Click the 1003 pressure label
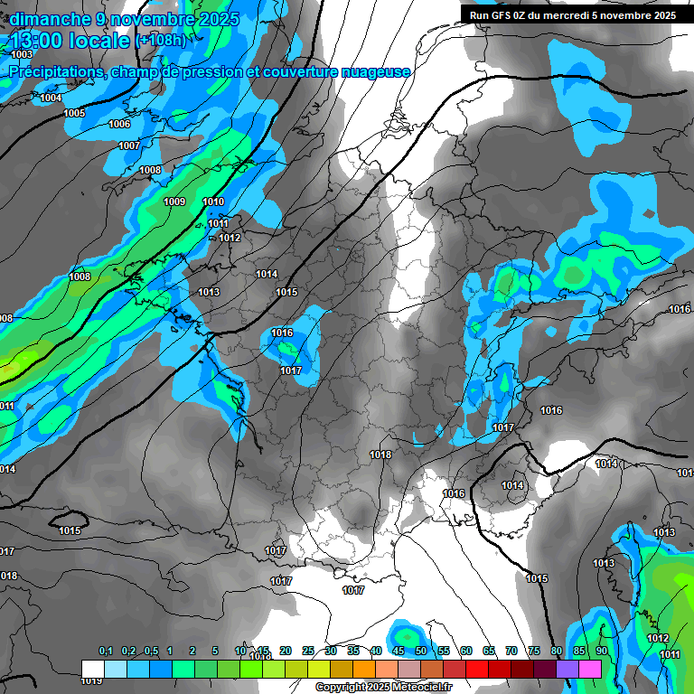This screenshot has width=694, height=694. click(x=22, y=55)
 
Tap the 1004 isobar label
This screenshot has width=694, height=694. click(x=51, y=98)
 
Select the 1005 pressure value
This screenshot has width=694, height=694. click(x=74, y=113)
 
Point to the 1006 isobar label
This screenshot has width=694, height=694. click(x=119, y=125)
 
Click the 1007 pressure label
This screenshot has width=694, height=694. click(x=129, y=145)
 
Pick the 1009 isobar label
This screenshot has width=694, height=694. click(x=175, y=202)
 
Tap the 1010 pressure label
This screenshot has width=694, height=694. click(x=213, y=202)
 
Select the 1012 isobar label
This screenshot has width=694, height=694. click(x=230, y=239)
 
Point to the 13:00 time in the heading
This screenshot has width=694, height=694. click(x=37, y=42)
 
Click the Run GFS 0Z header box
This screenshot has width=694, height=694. click(x=573, y=14)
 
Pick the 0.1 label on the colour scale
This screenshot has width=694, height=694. click(x=106, y=651)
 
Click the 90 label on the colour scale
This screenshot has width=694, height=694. click(x=601, y=651)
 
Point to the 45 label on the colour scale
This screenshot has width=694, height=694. click(x=399, y=651)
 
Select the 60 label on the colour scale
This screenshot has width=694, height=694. click(x=465, y=651)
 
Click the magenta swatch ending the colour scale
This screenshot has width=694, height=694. click(x=590, y=668)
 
